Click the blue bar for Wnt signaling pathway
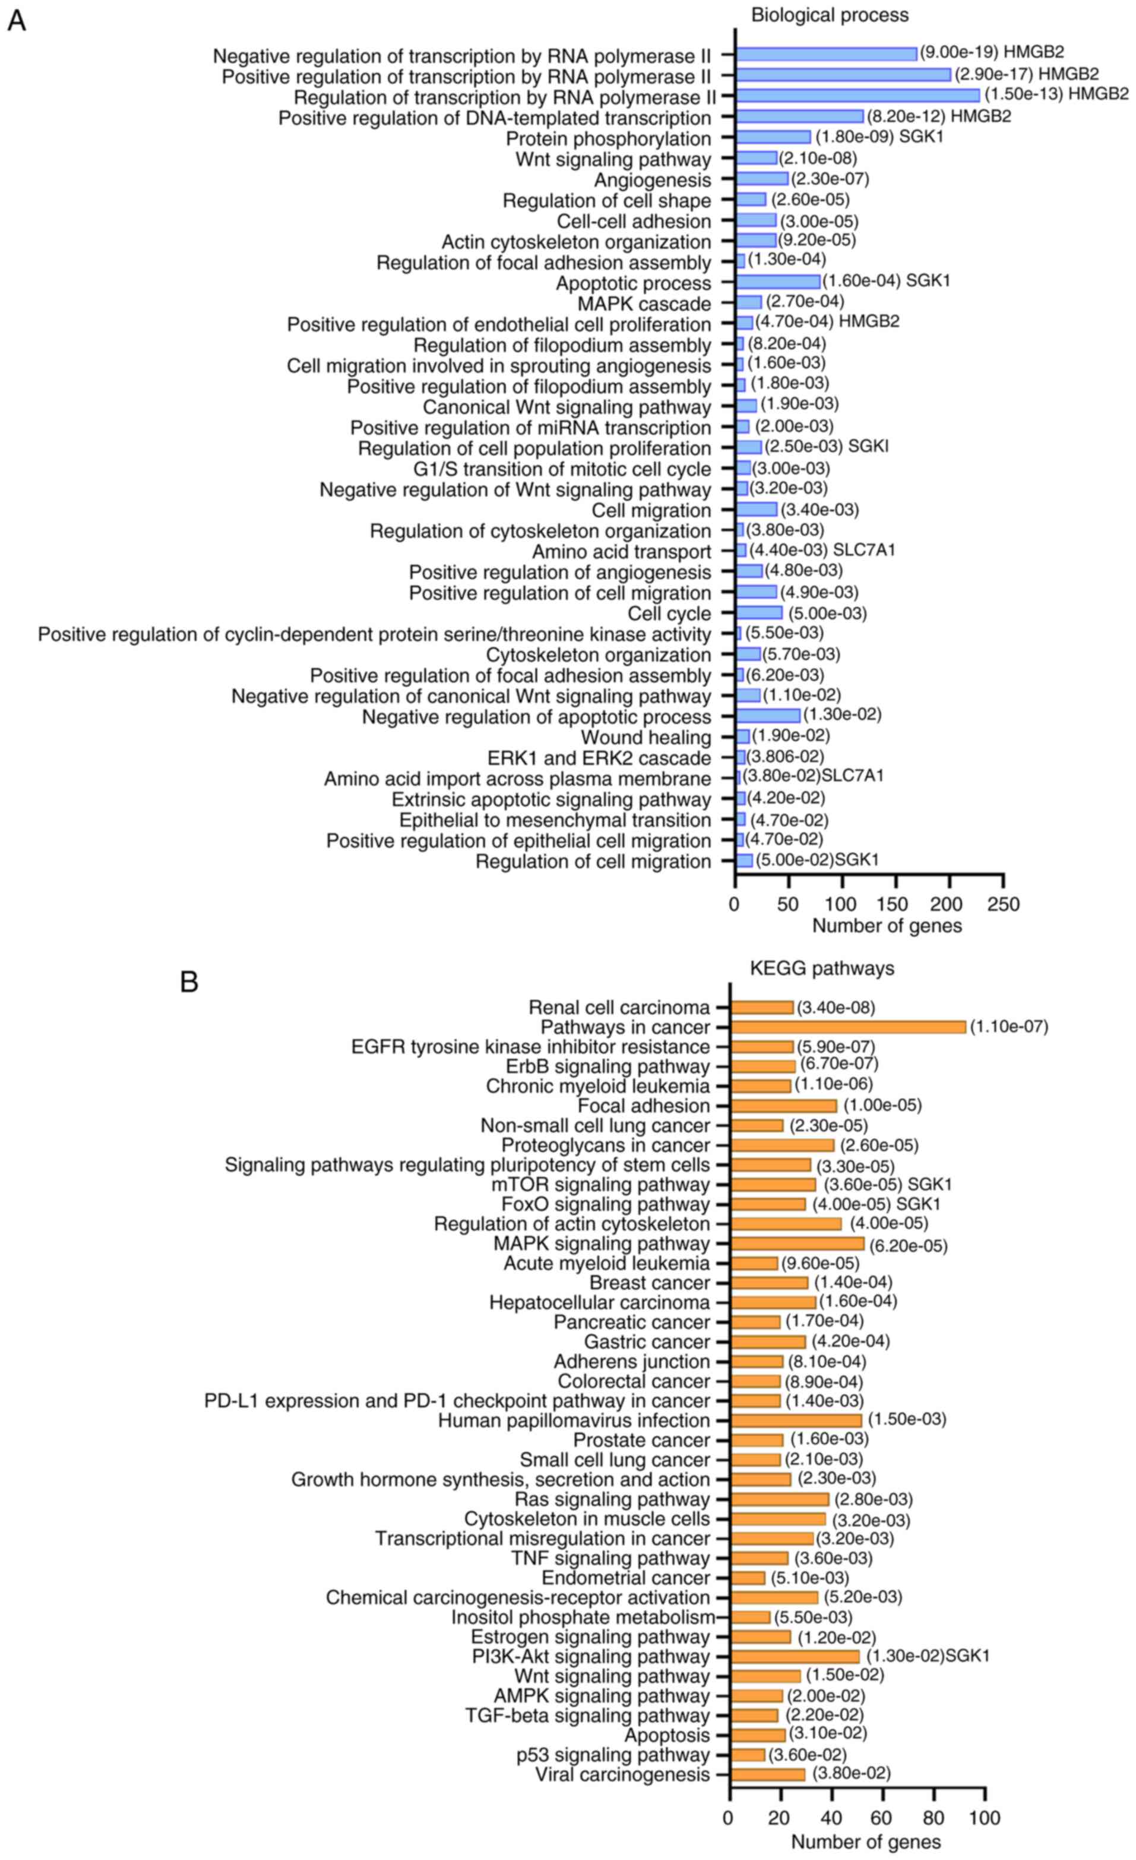757,158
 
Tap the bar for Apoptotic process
779,282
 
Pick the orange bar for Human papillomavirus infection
796,1420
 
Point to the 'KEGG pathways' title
821,968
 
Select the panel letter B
189,981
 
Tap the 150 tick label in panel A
895,904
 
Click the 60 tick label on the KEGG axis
882,1817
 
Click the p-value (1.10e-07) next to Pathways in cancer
1009,1027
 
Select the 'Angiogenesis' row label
652,181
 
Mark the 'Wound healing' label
645,737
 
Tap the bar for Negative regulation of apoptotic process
768,715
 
